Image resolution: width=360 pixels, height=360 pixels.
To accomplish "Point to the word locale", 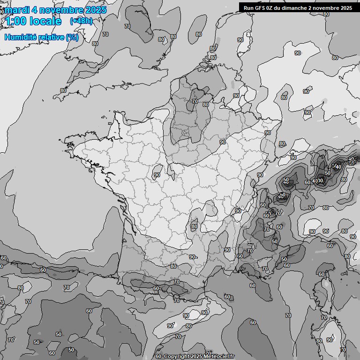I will point(45,21).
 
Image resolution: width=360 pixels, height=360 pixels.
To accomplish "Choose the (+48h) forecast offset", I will point(81,21).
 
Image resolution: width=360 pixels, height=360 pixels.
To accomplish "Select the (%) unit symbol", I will point(72,37).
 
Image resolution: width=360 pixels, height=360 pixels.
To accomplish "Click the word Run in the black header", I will point(248,7).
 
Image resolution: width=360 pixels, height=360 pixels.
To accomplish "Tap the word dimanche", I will point(297,7).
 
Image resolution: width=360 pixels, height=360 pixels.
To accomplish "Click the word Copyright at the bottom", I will point(176,356).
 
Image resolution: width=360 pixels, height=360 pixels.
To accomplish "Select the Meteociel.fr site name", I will point(219,356).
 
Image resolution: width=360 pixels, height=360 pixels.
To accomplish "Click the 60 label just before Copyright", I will point(158,356).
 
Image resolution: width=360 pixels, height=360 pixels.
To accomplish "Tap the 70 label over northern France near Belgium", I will point(195,101).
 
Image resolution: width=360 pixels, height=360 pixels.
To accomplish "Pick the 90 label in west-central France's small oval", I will point(157,175).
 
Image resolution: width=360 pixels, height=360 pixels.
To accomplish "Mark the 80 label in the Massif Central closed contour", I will point(195,227).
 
